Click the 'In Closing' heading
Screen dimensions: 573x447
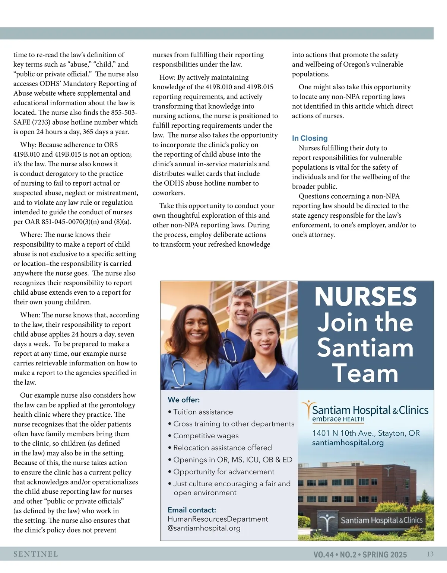coord(310,138)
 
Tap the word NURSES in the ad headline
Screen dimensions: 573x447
coord(365,297)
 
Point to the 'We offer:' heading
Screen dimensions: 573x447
coord(184,400)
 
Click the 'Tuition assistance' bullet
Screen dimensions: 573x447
coord(203,412)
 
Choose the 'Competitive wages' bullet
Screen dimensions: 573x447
coord(206,436)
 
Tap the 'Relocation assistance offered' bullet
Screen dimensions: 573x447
coord(222,448)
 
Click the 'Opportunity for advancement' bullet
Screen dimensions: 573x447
coord(223,472)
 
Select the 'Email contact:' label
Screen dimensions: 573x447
coord(192,510)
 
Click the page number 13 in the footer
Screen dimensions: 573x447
coord(430,554)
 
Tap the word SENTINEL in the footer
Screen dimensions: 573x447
coord(36,554)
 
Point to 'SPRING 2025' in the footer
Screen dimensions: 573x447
coord(384,555)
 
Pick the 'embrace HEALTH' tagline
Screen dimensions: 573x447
coord(338,419)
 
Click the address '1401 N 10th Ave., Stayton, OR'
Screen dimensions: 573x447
coord(366,433)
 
